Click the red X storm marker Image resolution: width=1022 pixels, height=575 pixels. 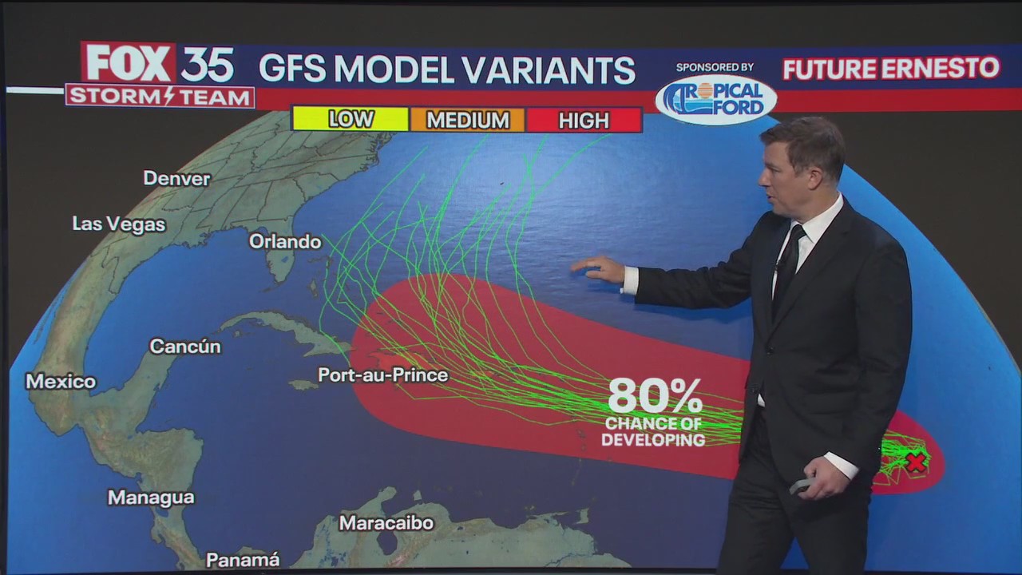pos(916,462)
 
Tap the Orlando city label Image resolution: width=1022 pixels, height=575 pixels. pos(285,241)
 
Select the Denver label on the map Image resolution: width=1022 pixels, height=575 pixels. pos(176,178)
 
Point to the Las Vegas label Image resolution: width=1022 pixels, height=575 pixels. pos(119,224)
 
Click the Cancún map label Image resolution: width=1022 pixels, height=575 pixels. pos(184,347)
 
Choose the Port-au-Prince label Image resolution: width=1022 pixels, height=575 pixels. pos(383,375)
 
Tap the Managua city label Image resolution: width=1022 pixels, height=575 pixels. pos(151,498)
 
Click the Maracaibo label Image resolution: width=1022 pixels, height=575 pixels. pos(386,523)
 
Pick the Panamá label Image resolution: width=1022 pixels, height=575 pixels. pos(243,560)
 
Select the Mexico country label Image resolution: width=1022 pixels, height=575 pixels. pos(61,382)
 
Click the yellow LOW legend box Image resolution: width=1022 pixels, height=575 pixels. pos(351,120)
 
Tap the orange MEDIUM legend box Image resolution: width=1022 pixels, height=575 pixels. pos(467,120)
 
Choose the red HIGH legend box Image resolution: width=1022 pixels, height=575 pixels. pos(584,120)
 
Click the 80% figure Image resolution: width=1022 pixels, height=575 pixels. pos(655,395)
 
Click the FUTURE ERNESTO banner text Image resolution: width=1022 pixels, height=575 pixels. pos(890,69)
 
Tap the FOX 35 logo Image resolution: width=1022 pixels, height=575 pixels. pos(159,64)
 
